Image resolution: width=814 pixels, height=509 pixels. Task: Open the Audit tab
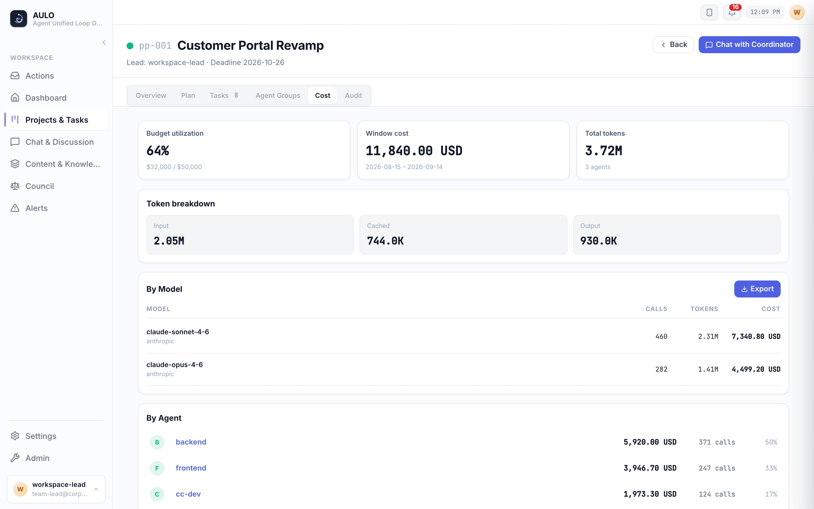pos(353,96)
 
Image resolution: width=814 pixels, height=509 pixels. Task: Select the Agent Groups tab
pos(278,96)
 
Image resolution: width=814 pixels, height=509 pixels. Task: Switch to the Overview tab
pos(151,96)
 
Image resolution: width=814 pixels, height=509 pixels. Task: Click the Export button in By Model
pos(757,289)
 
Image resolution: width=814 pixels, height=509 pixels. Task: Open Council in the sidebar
pos(40,186)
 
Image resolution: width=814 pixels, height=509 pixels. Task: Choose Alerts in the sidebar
pos(36,208)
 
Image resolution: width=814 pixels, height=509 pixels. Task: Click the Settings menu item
pos(41,436)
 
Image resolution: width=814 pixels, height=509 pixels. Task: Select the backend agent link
pos(191,442)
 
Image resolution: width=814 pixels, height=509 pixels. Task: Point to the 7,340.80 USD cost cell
pos(756,336)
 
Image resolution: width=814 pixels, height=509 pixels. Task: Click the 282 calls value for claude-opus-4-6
pos(661,369)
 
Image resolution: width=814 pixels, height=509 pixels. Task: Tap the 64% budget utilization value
pos(158,150)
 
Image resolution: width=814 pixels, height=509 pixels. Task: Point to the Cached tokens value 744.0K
pos(385,241)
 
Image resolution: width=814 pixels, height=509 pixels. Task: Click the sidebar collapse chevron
pos(104,42)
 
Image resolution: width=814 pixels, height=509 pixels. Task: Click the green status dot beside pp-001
pos(130,46)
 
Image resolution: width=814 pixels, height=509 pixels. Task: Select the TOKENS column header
pos(704,309)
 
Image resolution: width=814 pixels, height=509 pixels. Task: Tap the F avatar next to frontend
pos(157,468)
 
